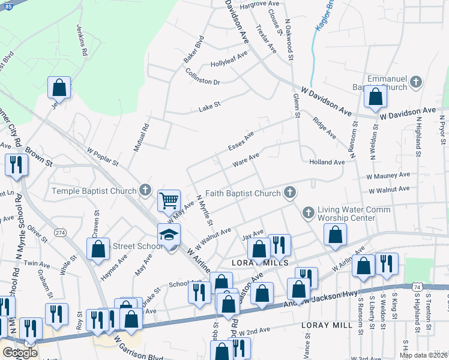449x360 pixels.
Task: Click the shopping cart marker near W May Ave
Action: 169,200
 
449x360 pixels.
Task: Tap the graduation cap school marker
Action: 169,235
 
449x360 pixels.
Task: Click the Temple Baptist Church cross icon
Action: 145,191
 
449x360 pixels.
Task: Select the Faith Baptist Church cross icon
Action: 290,193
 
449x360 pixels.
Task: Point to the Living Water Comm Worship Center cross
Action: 309,212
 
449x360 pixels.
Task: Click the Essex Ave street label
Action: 241,142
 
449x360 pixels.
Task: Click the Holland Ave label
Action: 327,162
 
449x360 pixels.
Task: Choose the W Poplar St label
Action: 103,159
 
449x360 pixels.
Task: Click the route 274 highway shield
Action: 60,232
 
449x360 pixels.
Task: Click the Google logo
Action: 20,352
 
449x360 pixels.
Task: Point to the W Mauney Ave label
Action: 388,175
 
